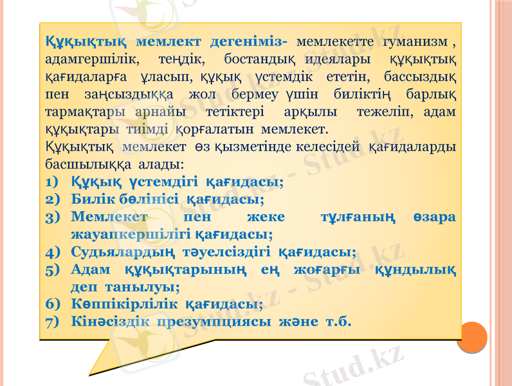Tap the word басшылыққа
(86, 163)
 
